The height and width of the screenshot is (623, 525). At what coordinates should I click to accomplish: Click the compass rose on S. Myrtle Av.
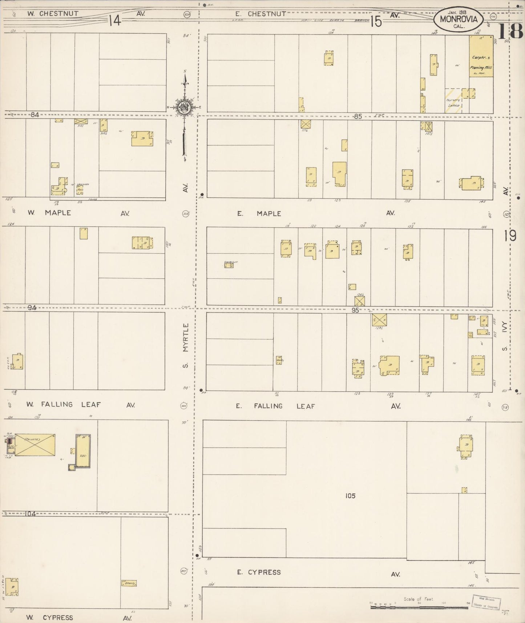click(185, 107)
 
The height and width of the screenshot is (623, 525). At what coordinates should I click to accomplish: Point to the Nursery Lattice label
click(453, 103)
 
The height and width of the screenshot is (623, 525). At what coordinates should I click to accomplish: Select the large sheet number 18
click(510, 31)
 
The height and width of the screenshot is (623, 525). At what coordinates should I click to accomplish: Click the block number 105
click(350, 496)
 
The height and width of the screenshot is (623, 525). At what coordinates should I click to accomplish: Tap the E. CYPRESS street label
click(259, 572)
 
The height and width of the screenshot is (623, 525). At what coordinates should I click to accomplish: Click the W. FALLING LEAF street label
click(64, 404)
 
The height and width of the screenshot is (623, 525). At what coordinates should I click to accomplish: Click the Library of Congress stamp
click(486, 601)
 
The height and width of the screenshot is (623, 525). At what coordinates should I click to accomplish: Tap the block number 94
click(32, 308)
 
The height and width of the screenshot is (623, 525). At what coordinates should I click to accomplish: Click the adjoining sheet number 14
click(114, 21)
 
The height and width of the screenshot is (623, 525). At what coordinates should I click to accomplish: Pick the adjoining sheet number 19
click(510, 236)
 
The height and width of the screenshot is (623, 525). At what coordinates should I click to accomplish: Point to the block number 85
click(358, 117)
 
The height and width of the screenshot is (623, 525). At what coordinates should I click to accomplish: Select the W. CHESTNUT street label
click(53, 14)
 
